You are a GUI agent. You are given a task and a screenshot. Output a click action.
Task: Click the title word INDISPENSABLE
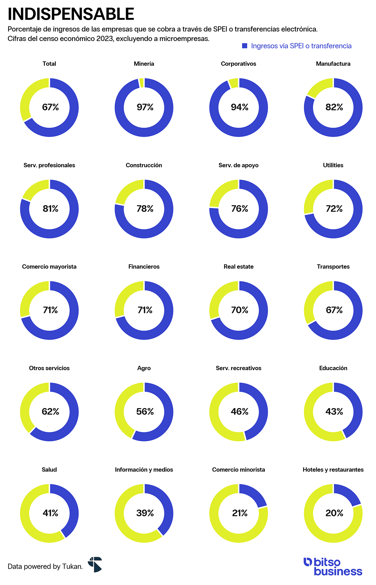[x=71, y=14]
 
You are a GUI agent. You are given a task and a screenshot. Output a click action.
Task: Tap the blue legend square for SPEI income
[x=245, y=46]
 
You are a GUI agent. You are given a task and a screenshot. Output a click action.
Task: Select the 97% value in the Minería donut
[x=145, y=107]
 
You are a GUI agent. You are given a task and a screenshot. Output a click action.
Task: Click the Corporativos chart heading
[x=238, y=64]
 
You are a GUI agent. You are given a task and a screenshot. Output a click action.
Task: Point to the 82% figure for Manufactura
[x=334, y=107]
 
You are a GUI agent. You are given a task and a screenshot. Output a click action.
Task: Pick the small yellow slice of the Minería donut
[x=141, y=83]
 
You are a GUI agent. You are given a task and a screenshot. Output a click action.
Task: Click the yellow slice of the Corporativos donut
[x=234, y=83]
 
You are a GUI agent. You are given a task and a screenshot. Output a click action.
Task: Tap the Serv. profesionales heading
[x=49, y=165]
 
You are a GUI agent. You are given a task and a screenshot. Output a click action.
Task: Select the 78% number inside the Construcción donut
[x=145, y=209]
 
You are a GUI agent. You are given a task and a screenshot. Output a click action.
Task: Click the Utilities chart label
[x=333, y=165]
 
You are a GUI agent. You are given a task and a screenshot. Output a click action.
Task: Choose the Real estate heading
[x=238, y=267]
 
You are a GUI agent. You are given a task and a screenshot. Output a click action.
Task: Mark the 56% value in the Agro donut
[x=145, y=412]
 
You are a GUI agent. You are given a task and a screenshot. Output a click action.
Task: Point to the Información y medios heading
[x=144, y=470]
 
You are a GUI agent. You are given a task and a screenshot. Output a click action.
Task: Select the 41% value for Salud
[x=50, y=513]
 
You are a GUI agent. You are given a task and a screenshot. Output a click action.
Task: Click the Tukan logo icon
[x=95, y=564]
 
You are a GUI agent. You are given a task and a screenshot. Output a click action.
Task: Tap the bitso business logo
[x=333, y=566]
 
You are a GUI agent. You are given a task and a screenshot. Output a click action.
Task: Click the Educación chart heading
[x=333, y=368]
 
